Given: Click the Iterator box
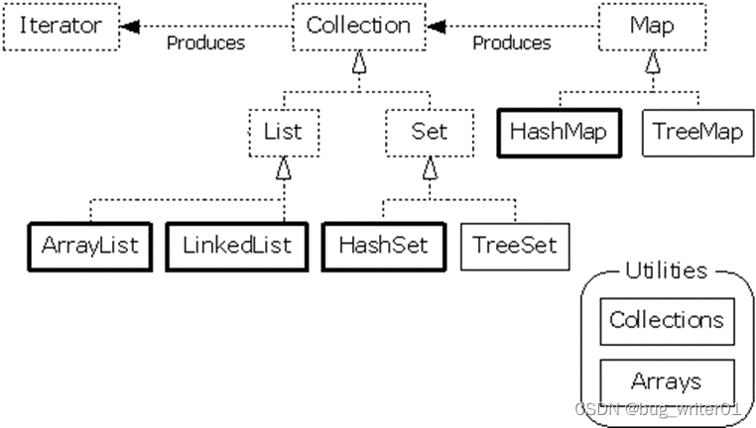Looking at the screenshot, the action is click(62, 27).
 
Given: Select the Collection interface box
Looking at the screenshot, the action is click(359, 27).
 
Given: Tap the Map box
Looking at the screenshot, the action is click(653, 27).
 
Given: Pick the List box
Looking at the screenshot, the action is click(284, 133).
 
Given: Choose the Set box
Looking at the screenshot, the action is click(430, 133).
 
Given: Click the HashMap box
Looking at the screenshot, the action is click(560, 133).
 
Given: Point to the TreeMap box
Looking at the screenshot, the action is click(698, 133).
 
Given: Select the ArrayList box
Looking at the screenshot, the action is click(90, 247).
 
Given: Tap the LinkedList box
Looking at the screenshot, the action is click(237, 247).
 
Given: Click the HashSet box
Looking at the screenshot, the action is click(384, 247).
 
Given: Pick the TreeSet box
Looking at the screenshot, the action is click(515, 247).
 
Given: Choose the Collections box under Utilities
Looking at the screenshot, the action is click(668, 321).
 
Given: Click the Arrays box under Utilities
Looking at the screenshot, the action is click(668, 382).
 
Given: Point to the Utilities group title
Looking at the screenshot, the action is click(667, 271).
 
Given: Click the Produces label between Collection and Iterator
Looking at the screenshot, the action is click(206, 44).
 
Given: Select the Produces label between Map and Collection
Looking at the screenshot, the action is click(512, 44).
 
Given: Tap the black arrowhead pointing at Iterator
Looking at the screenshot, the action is click(130, 27).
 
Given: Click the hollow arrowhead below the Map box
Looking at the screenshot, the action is click(653, 62).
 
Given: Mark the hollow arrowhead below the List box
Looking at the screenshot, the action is click(284, 168).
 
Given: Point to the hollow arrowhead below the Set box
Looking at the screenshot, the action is click(430, 168).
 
